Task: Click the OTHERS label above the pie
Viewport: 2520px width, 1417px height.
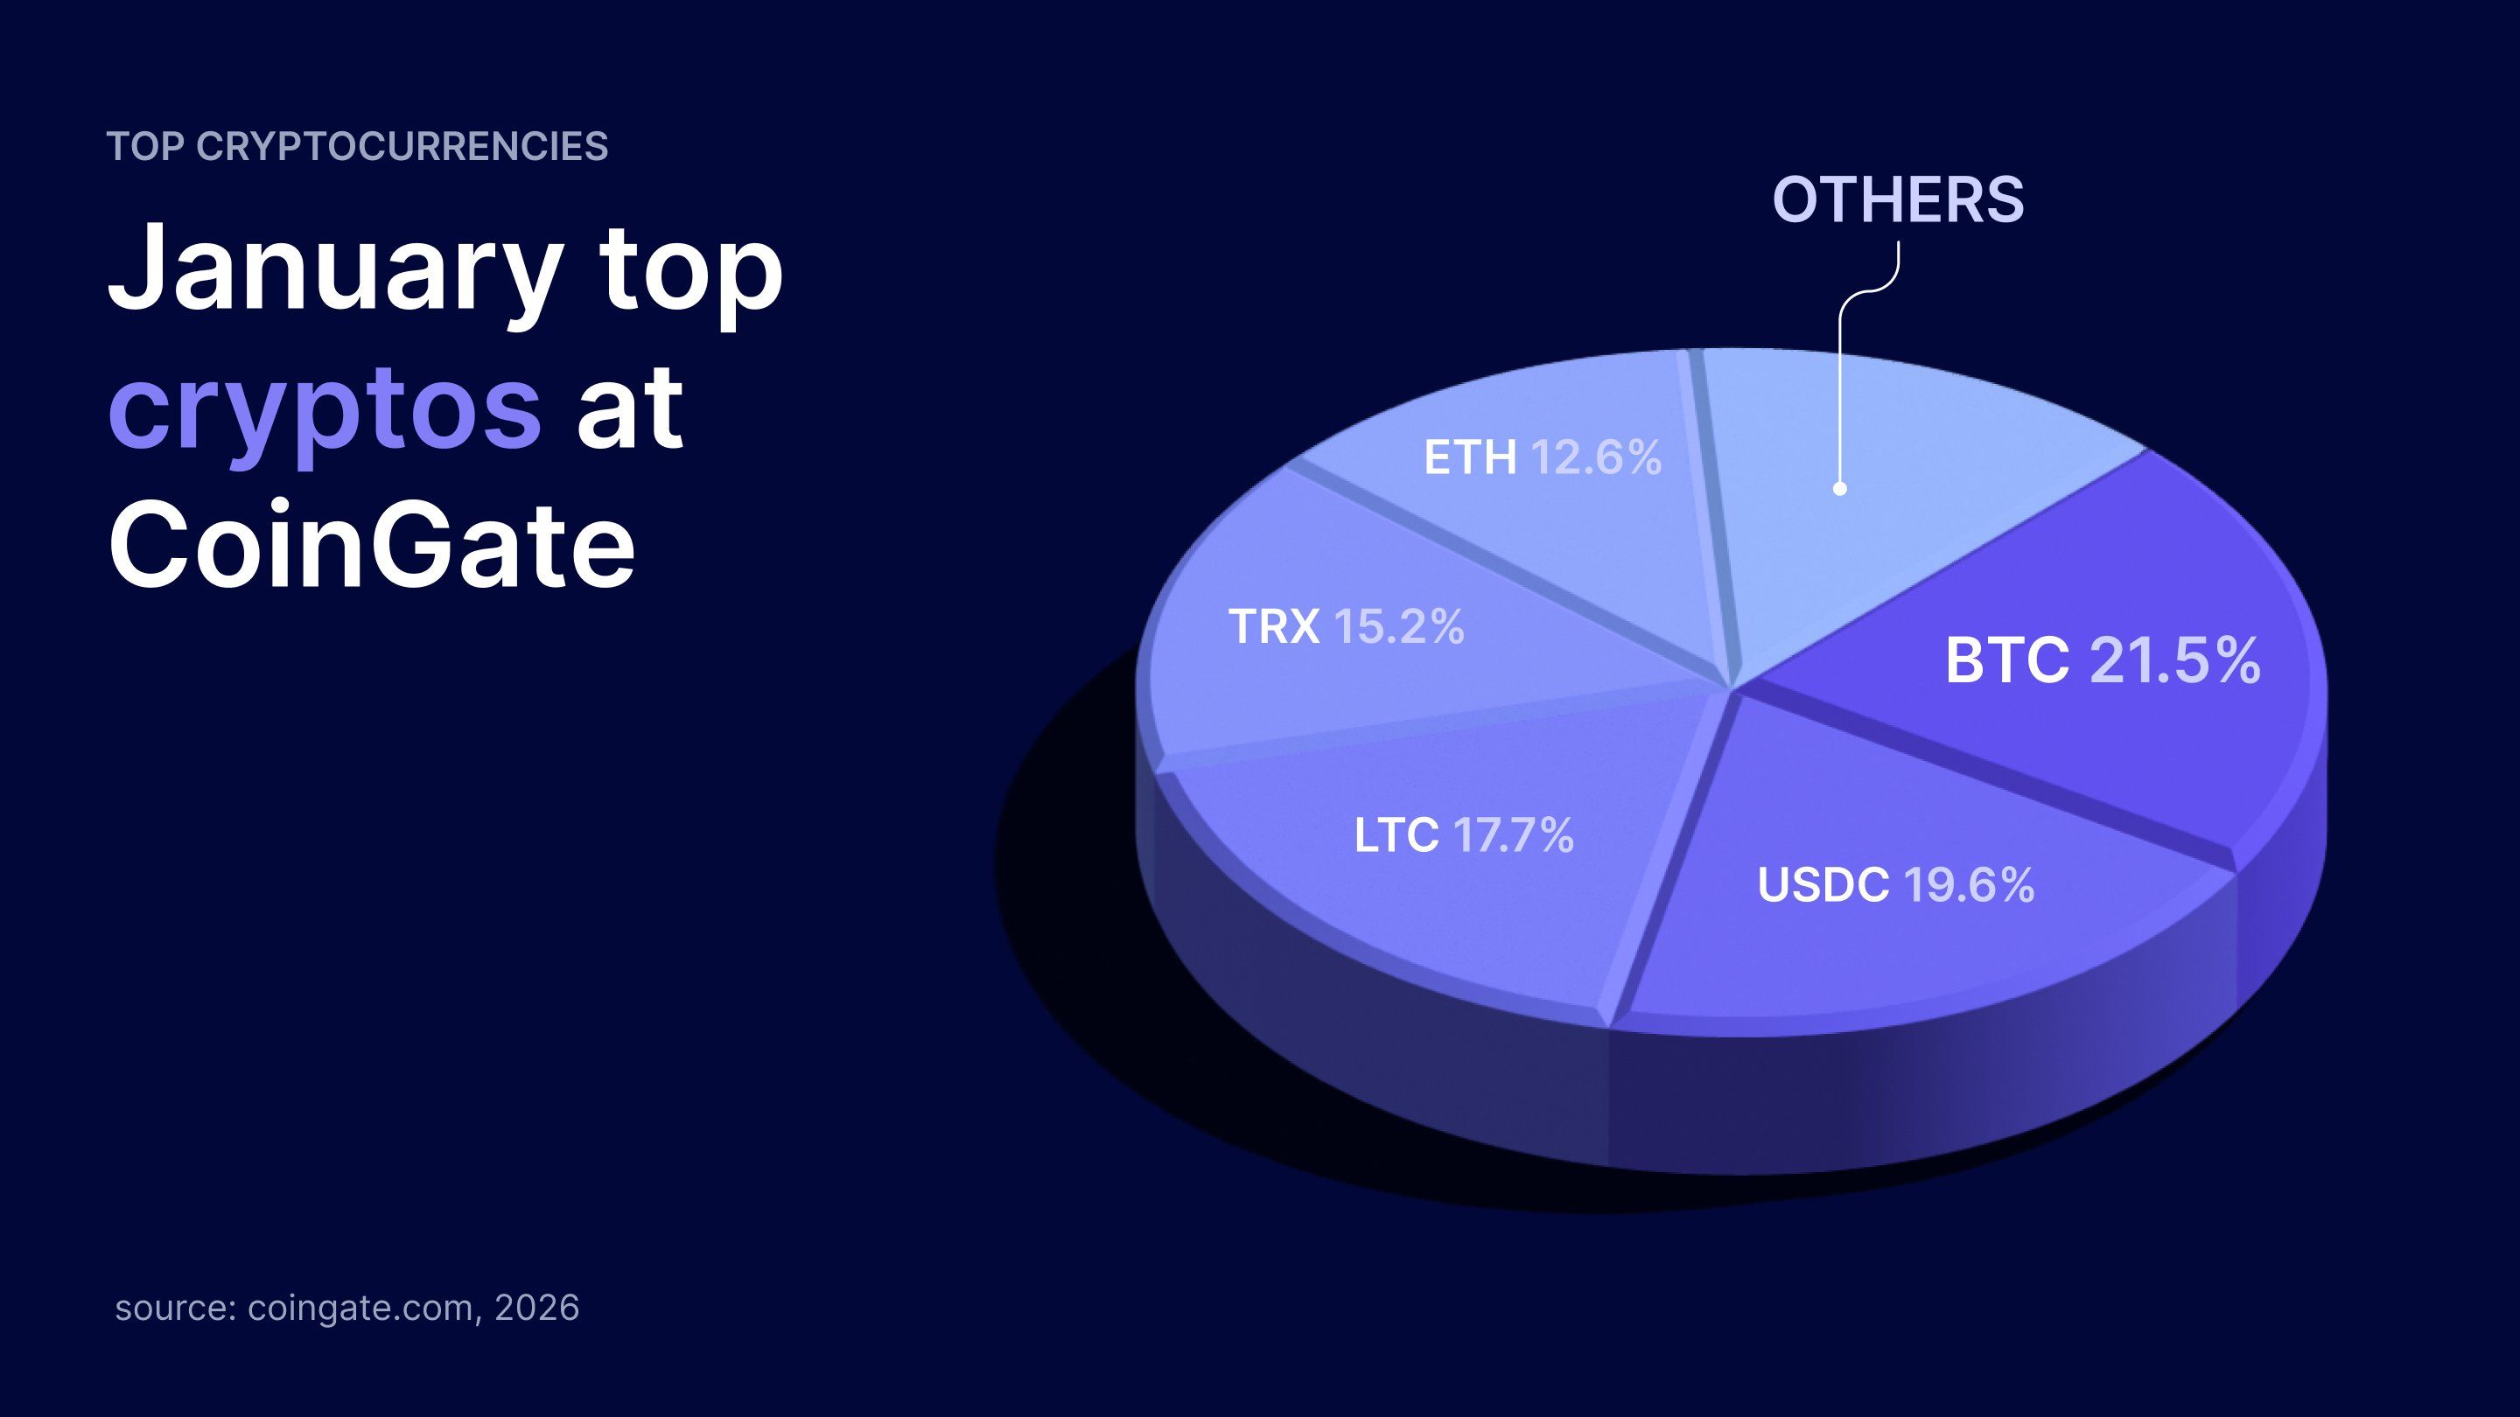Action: point(1898,199)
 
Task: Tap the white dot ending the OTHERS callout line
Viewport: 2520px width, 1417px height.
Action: point(1839,488)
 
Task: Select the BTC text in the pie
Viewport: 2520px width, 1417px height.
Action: point(2007,661)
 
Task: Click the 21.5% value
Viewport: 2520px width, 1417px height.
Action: point(2174,661)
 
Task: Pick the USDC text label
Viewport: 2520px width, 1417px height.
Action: point(1823,885)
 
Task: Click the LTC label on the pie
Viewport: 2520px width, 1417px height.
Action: point(1396,835)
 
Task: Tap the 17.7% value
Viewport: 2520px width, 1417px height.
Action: point(1514,835)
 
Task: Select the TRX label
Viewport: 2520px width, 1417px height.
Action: point(1274,627)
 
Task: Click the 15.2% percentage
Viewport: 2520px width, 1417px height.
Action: point(1399,627)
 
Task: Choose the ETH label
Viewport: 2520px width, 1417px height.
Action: point(1469,457)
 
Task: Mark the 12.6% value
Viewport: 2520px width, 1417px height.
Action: point(1595,457)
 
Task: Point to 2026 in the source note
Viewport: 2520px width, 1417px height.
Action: point(537,1308)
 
